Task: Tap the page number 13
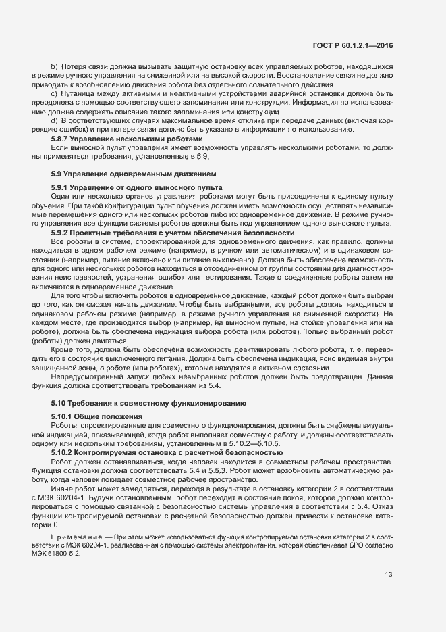[389, 575]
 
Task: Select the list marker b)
[55, 68]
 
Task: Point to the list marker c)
[55, 93]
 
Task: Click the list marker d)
[55, 120]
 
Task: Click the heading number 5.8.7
[63, 138]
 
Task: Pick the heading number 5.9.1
[63, 187]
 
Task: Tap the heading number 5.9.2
[63, 232]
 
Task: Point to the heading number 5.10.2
[65, 452]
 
